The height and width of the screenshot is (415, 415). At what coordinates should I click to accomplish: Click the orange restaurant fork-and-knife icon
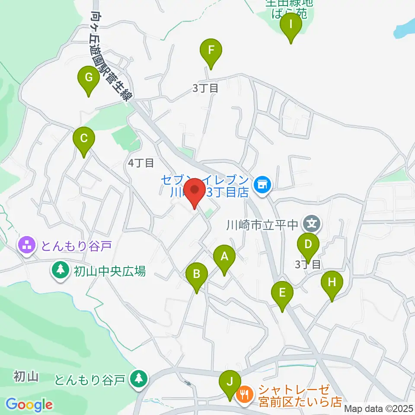click(244, 394)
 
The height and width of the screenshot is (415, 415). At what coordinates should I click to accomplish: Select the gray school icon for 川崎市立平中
click(312, 224)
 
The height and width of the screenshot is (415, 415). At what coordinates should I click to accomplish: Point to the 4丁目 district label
click(141, 163)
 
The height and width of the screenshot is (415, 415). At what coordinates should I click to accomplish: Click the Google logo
click(29, 405)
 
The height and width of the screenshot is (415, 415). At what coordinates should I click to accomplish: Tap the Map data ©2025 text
click(378, 408)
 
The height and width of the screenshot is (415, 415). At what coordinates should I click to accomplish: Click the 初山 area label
click(26, 376)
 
